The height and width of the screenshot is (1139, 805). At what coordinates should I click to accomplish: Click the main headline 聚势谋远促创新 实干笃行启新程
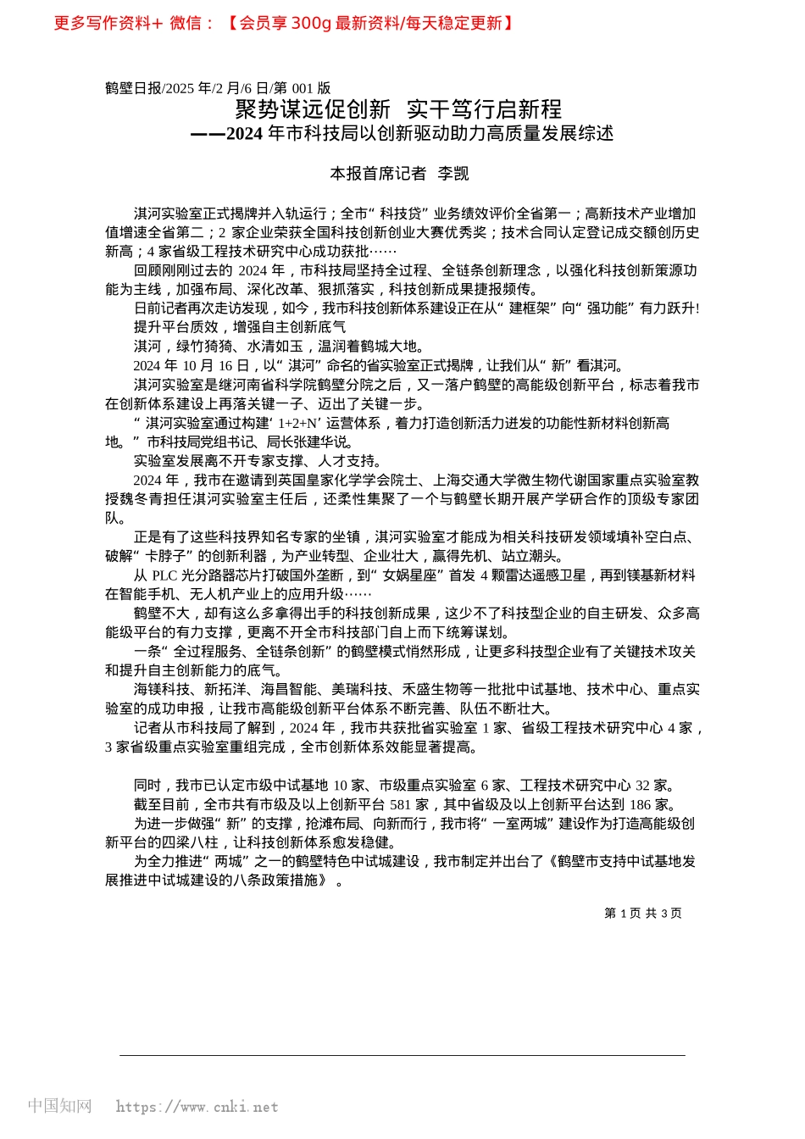(398, 109)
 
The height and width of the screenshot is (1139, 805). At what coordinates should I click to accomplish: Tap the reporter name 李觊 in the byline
(453, 174)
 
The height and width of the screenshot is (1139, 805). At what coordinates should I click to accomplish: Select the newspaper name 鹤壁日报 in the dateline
(133, 88)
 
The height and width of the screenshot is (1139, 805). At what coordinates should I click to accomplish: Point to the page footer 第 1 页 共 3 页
(642, 913)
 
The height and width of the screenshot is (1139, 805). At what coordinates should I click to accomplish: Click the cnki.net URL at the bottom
(197, 1107)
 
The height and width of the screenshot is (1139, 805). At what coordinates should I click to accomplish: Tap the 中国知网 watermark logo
(59, 1106)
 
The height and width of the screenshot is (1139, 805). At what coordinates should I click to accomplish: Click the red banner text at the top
(284, 24)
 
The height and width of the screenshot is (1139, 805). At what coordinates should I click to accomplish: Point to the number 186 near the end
(641, 804)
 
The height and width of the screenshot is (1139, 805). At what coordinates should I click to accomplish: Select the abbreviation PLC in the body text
(164, 575)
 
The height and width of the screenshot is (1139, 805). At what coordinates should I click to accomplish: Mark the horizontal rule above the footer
(402, 1055)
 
